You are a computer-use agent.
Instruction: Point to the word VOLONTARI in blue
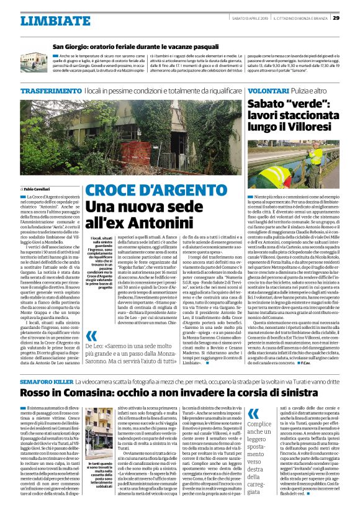[x=268, y=91]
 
